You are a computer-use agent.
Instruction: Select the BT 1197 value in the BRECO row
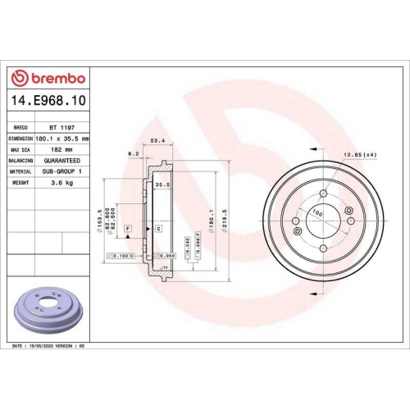pyautogui.click(x=60, y=129)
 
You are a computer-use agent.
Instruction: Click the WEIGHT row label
pyautogui.click(x=21, y=183)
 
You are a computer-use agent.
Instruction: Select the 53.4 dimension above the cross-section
pyautogui.click(x=157, y=141)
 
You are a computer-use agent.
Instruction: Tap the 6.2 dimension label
pyautogui.click(x=133, y=153)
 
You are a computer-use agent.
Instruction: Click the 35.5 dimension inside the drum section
pyautogui.click(x=162, y=186)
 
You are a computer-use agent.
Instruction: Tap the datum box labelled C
pyautogui.click(x=157, y=228)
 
